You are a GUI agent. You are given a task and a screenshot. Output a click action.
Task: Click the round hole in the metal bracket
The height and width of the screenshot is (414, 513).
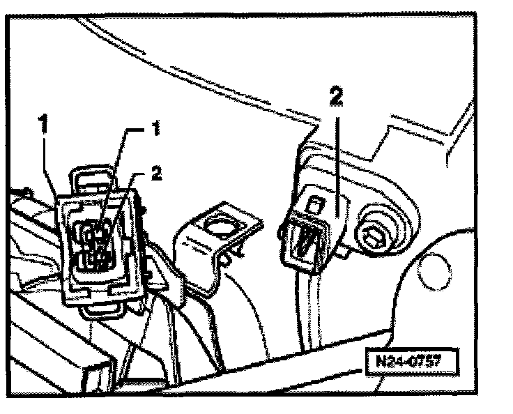point(222,227)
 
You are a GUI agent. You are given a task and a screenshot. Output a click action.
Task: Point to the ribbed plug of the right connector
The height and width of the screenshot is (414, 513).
point(305,240)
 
